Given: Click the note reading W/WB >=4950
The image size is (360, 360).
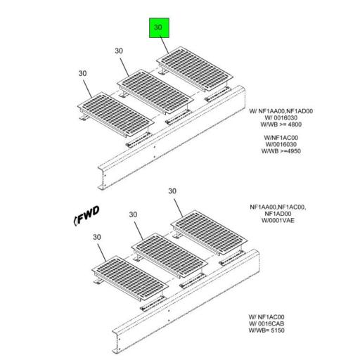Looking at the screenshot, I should click(281, 151).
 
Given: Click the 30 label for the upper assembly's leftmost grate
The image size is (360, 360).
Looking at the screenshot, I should click(83, 72).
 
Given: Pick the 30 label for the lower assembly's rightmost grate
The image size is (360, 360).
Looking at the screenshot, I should click(172, 191).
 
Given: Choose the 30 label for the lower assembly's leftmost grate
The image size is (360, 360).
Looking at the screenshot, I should click(97, 237).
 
